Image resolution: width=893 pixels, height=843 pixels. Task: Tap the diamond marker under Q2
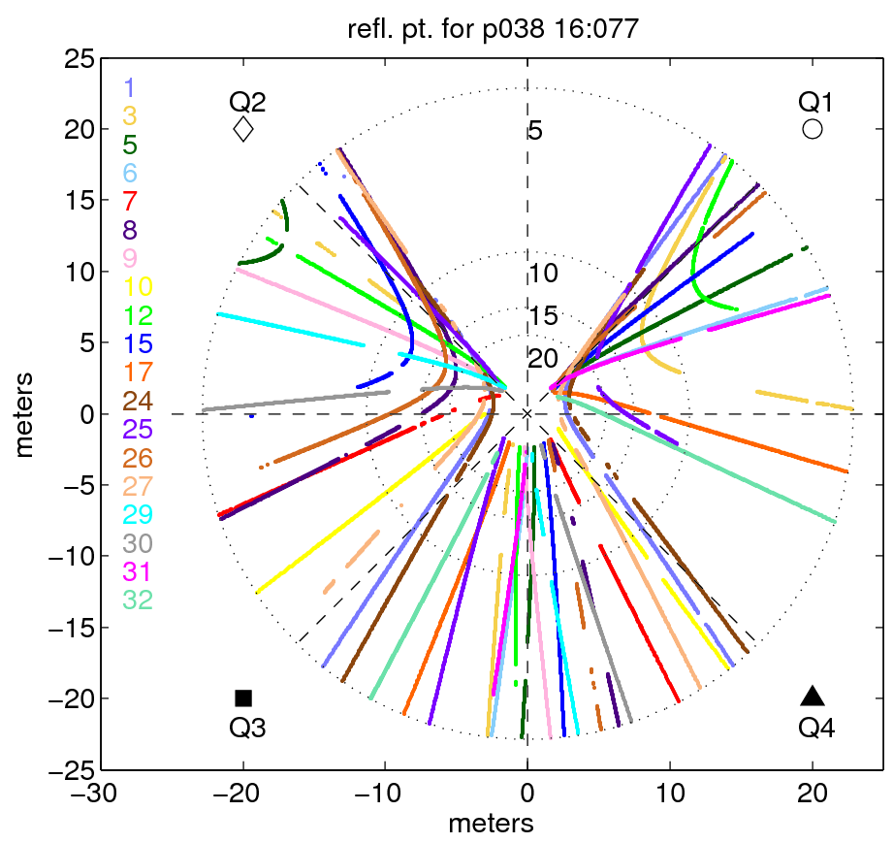tap(242, 129)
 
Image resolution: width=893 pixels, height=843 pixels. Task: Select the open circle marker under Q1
tap(813, 129)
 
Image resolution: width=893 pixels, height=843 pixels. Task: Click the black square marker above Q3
tap(243, 697)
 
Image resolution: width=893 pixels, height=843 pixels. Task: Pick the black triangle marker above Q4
tap(813, 696)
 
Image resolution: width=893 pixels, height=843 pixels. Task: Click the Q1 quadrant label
tap(815, 101)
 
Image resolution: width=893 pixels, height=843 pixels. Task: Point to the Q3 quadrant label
tap(247, 727)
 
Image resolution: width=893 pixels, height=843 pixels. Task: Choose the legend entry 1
tap(130, 88)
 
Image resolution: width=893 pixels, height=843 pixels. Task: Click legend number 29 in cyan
tap(138, 514)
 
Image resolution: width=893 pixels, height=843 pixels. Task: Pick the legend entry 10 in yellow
tap(138, 286)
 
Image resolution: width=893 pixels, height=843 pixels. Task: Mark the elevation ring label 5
tap(534, 131)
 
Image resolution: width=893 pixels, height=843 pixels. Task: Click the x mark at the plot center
tap(527, 414)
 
